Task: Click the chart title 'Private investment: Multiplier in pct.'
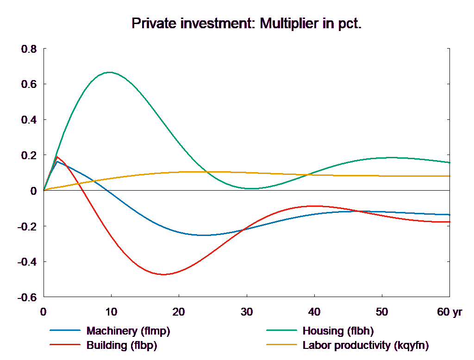tap(246, 23)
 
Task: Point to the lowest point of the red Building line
tap(163, 274)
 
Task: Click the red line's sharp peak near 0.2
tap(57, 157)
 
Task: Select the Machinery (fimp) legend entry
tap(128, 331)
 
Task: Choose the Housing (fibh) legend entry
tap(338, 331)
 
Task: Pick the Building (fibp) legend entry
tap(122, 345)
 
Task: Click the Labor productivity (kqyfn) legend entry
tap(366, 345)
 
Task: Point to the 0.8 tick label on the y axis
tap(29, 49)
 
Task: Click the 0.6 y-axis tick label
tap(29, 85)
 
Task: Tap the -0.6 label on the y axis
tap(27, 297)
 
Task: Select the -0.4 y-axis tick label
tap(27, 262)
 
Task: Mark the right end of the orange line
tap(450, 176)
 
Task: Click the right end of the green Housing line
tap(450, 162)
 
